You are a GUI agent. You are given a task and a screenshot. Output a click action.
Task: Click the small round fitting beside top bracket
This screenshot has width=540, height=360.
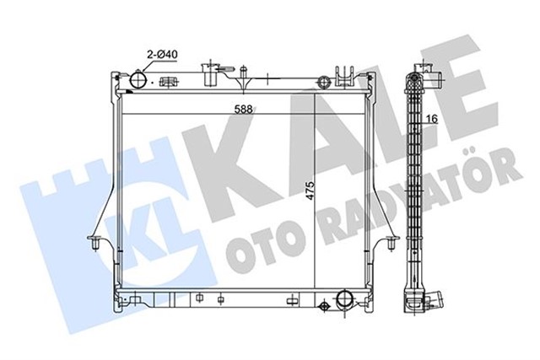323,82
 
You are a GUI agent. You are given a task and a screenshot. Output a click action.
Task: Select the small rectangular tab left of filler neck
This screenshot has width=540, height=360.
168,82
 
